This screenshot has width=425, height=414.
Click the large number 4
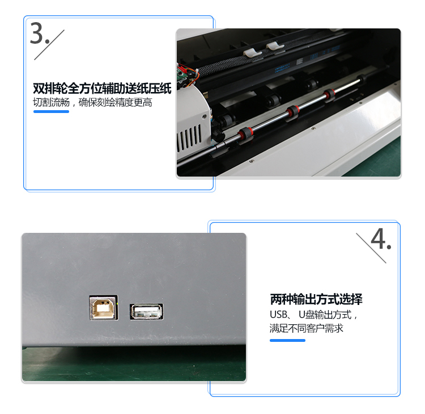378,239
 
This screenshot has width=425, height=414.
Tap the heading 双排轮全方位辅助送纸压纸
102,88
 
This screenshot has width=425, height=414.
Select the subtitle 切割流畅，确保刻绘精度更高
92,102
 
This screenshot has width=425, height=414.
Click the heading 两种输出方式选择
316,299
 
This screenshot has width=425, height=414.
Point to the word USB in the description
278,315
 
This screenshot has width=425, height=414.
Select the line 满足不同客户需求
306,328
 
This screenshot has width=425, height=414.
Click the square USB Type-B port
104,307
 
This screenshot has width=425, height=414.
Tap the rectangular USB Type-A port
146,311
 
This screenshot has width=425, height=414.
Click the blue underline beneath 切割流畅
51,111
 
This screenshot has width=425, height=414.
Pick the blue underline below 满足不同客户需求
287,340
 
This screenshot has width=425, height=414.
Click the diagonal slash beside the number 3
49,45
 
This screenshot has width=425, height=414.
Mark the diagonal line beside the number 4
371,248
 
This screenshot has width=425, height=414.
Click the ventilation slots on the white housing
189,138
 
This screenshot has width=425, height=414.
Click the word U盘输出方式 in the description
325,315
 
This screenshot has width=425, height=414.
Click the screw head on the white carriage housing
205,116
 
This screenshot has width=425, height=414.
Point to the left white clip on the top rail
252,52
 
